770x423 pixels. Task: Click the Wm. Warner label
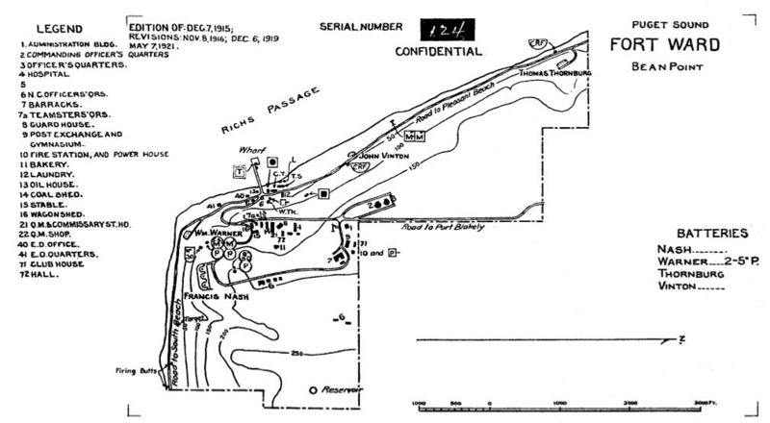pos(210,232)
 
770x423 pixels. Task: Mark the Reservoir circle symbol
pos(314,389)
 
